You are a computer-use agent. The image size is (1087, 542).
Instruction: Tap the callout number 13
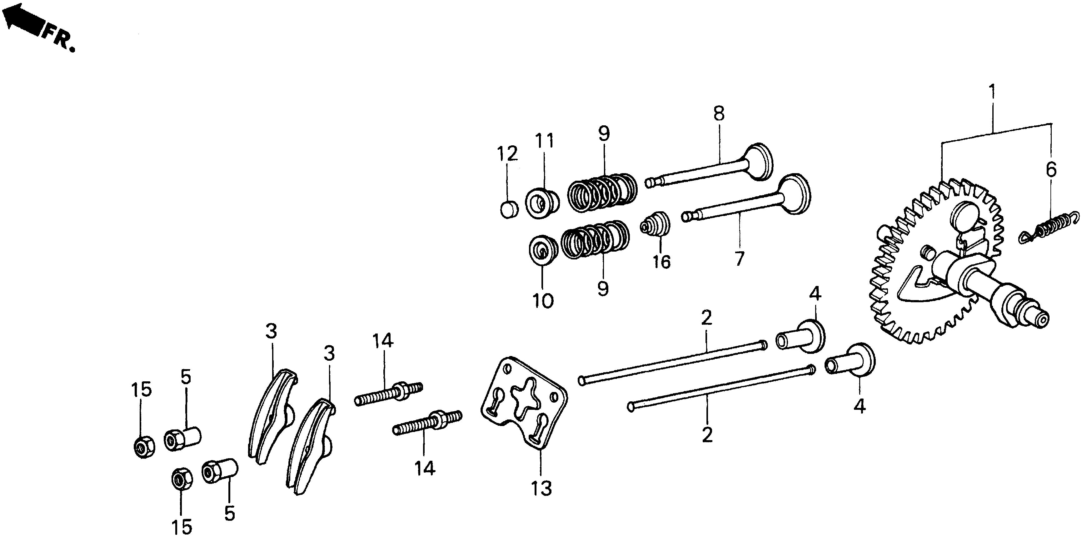click(x=541, y=488)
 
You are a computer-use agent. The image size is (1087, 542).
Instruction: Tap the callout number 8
click(x=719, y=114)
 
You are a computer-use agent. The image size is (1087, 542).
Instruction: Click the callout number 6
click(x=1051, y=170)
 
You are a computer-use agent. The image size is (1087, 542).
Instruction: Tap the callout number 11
click(x=544, y=141)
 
